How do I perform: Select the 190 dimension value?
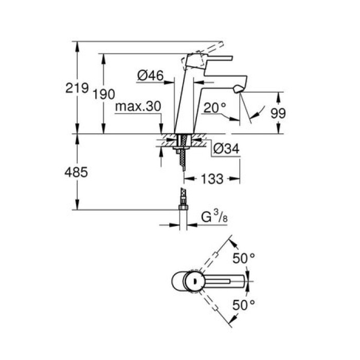tap(104, 94)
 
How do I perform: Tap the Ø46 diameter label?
tap(150, 76)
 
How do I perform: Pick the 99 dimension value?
tap(278, 113)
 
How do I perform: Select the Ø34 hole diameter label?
tap(224, 149)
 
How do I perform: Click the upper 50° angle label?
tap(243, 259)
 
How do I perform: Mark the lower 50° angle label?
tap(243, 305)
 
